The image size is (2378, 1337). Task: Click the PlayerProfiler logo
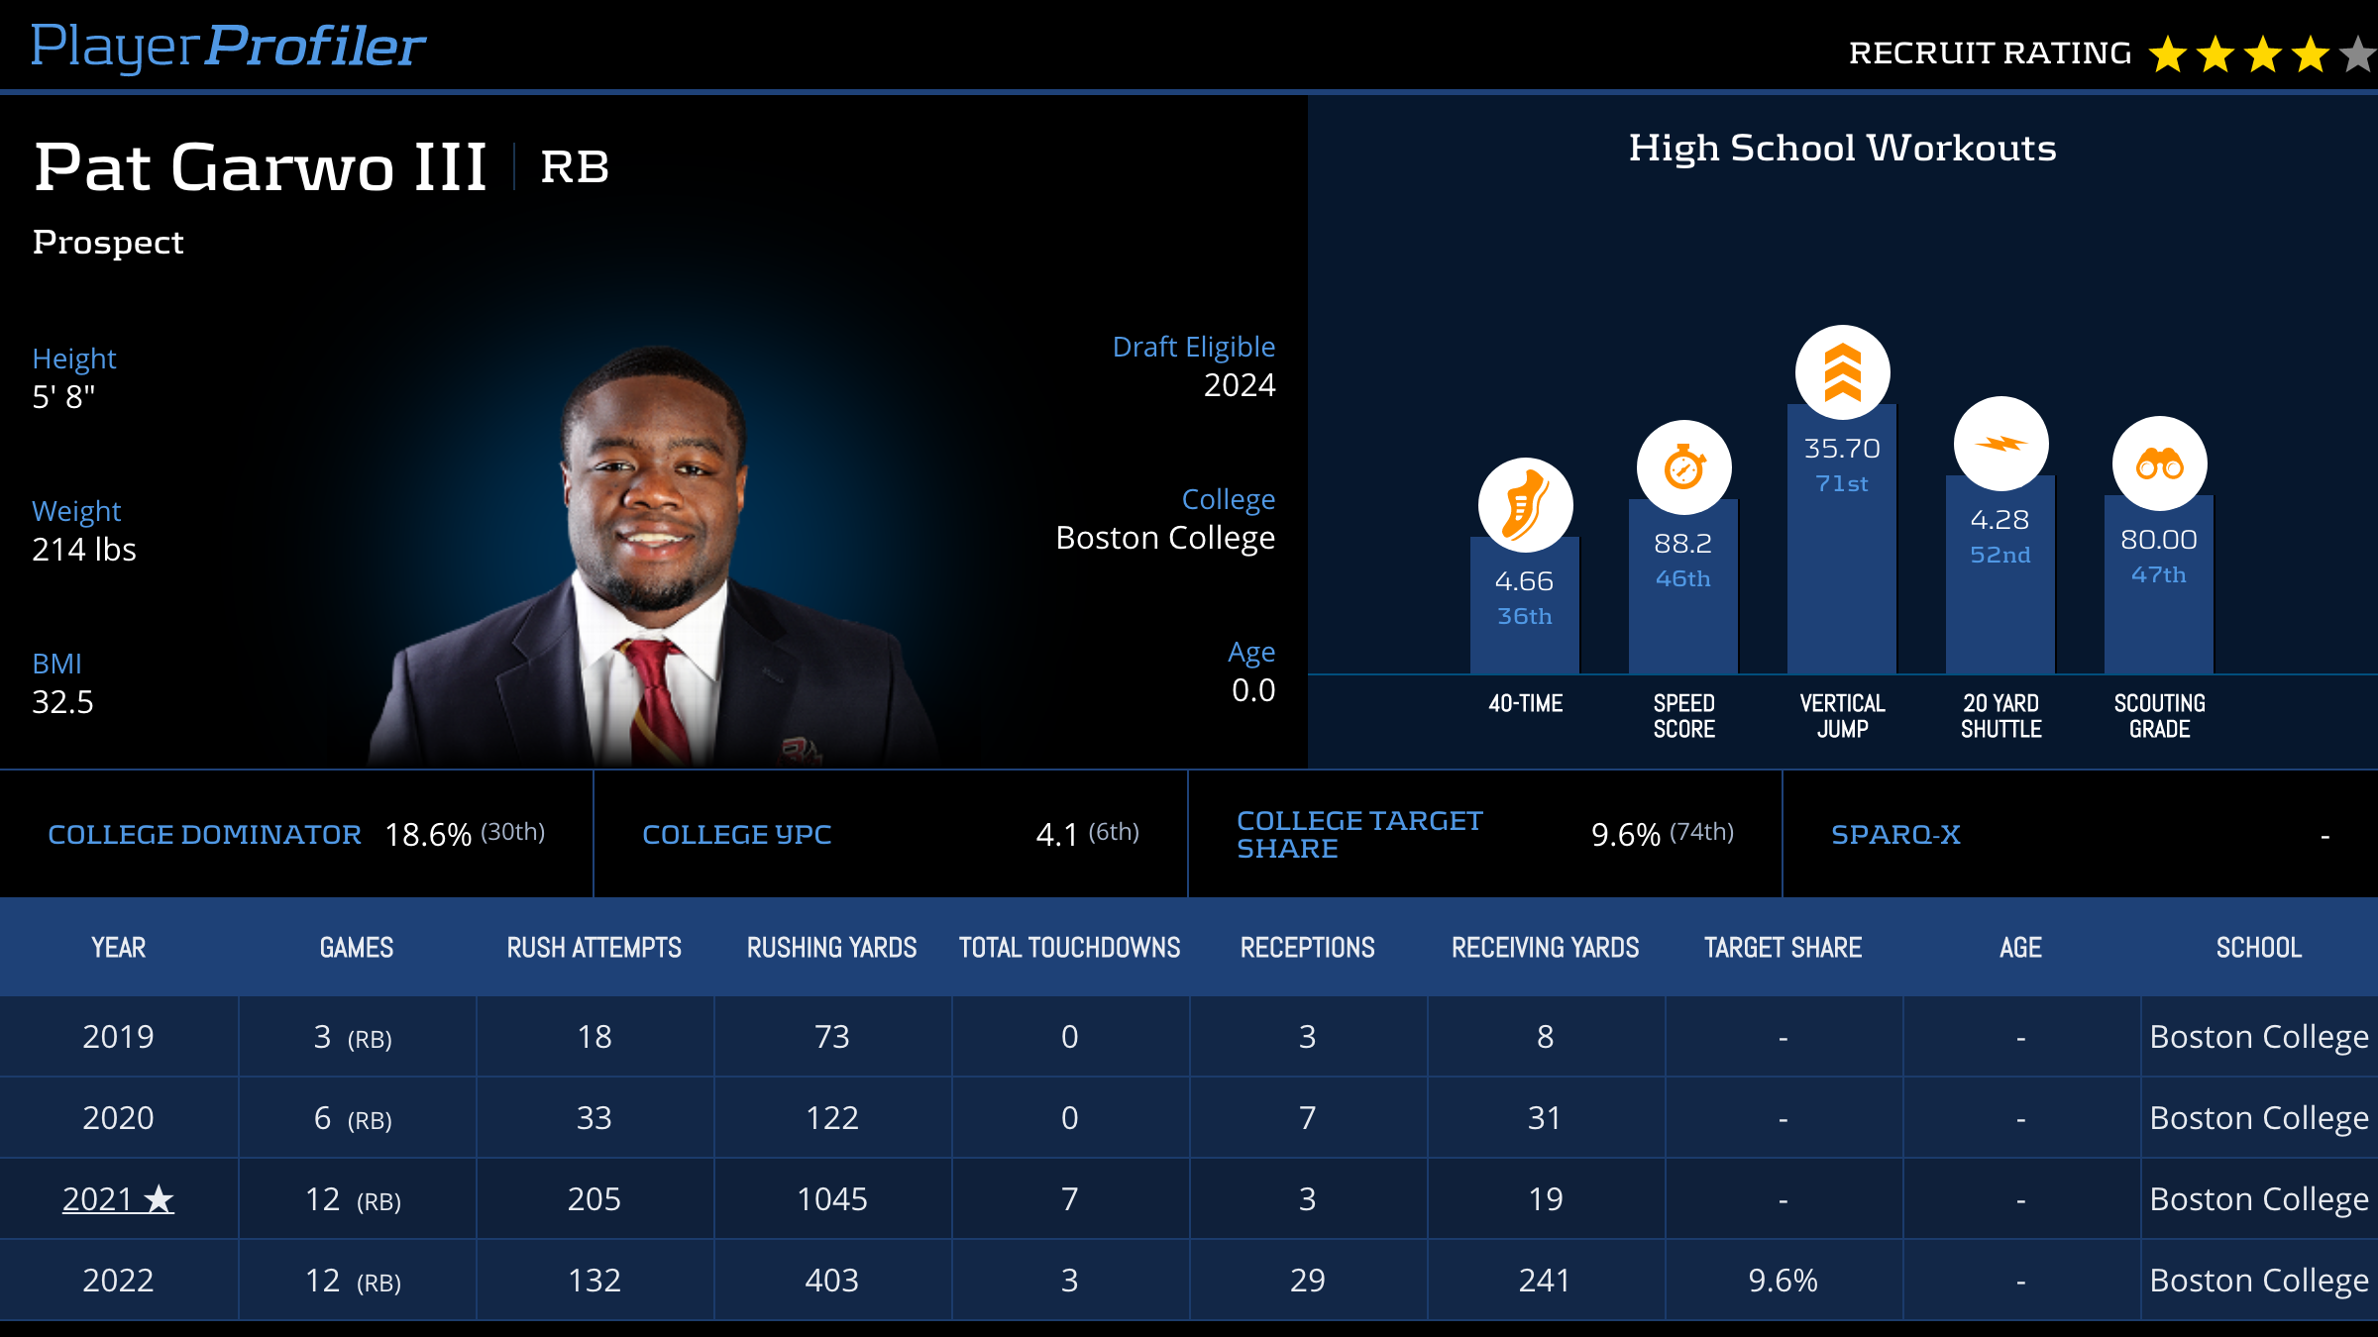coord(228,47)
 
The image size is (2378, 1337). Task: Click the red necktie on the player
coord(655,693)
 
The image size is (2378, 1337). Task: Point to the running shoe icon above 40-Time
coord(1525,505)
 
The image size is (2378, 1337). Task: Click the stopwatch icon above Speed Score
coord(1683,467)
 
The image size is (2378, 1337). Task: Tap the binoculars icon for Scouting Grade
coord(2159,463)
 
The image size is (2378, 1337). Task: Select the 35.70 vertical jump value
coord(1842,449)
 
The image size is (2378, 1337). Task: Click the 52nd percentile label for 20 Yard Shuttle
coord(2000,555)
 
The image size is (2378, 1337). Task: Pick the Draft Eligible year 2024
coord(1239,385)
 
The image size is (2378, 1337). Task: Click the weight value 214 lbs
coord(84,550)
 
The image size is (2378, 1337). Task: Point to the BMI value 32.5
coord(62,702)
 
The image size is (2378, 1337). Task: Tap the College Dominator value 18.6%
coord(428,835)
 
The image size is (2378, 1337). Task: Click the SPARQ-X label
coord(1895,835)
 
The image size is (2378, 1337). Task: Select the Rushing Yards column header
coord(831,948)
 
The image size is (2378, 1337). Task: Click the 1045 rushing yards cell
coord(831,1199)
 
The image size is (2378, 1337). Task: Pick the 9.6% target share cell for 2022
coord(1783,1281)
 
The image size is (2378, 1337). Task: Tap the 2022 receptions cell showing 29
coord(1307,1281)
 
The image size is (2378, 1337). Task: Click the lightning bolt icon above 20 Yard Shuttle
coord(2000,444)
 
